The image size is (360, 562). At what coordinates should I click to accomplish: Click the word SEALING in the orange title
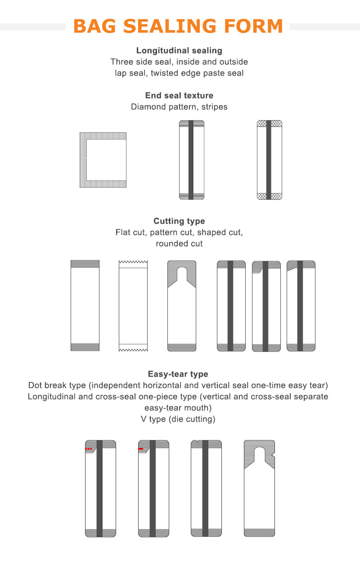(x=170, y=26)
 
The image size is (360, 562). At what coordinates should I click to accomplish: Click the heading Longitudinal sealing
(x=179, y=51)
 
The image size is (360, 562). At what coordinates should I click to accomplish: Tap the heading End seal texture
(x=179, y=95)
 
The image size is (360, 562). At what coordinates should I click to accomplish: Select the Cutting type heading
(x=179, y=221)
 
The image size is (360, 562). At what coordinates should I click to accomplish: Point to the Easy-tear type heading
(x=178, y=374)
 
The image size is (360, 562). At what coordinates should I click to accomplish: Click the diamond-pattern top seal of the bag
(x=270, y=123)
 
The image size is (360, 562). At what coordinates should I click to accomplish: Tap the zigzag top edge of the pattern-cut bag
(x=133, y=262)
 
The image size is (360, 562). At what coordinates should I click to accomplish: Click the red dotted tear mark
(x=88, y=449)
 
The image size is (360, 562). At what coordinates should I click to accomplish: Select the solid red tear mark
(x=141, y=449)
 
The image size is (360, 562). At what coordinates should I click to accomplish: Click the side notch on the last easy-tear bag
(x=274, y=455)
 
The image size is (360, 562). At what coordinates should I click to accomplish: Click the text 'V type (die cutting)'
(x=178, y=419)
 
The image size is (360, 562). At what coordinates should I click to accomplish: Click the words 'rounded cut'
(x=179, y=243)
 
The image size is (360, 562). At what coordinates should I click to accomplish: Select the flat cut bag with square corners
(x=85, y=306)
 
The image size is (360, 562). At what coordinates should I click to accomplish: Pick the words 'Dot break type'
(x=57, y=385)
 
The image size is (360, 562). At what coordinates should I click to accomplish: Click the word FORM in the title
(x=253, y=26)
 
